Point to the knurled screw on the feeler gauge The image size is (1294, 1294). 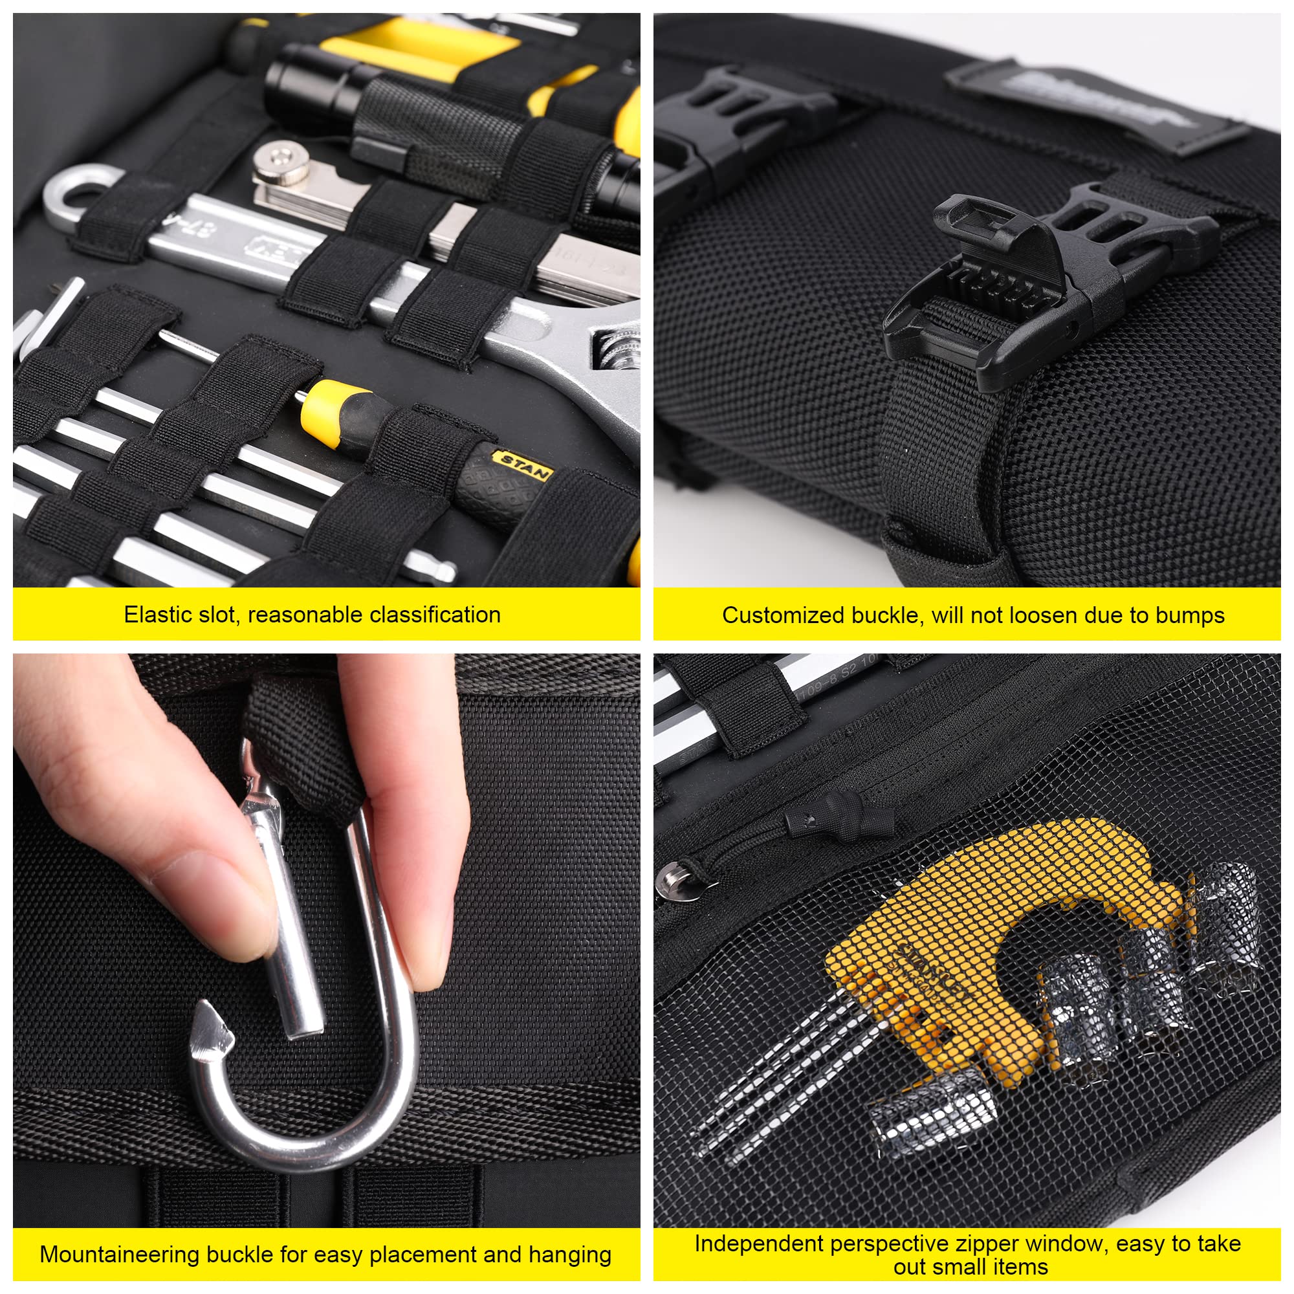281,160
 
